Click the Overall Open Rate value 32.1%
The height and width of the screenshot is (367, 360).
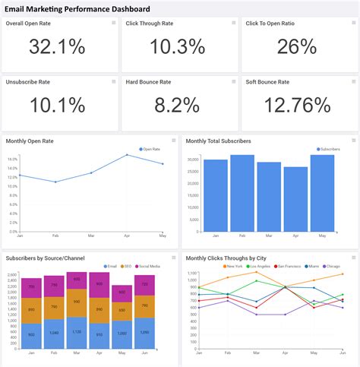57,47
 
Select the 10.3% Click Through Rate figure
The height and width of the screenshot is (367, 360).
177,47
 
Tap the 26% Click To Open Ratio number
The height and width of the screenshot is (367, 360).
297,47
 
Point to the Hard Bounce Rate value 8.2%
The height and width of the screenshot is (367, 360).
177,104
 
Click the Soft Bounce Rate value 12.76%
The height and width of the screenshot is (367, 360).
297,104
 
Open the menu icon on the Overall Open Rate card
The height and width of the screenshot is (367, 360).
113,24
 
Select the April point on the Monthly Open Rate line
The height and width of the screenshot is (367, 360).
127,155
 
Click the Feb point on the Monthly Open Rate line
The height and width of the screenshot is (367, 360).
55,182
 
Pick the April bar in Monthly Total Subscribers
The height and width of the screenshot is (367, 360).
295,198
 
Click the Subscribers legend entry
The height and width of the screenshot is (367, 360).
329,150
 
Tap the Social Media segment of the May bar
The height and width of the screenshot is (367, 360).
122,293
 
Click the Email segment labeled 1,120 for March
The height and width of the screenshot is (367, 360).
76,333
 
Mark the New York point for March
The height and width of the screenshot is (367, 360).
257,273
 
